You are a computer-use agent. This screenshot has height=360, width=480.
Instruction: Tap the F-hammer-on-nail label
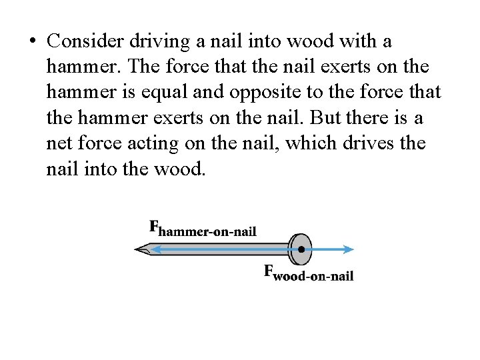click(203, 229)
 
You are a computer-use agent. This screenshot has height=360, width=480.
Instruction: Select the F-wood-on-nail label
click(309, 273)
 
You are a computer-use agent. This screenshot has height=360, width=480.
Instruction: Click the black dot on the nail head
click(301, 250)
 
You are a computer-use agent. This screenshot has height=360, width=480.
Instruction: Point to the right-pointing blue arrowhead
click(349, 250)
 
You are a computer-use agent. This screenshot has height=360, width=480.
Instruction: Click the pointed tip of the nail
click(137, 250)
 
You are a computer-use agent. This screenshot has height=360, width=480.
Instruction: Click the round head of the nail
click(301, 250)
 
